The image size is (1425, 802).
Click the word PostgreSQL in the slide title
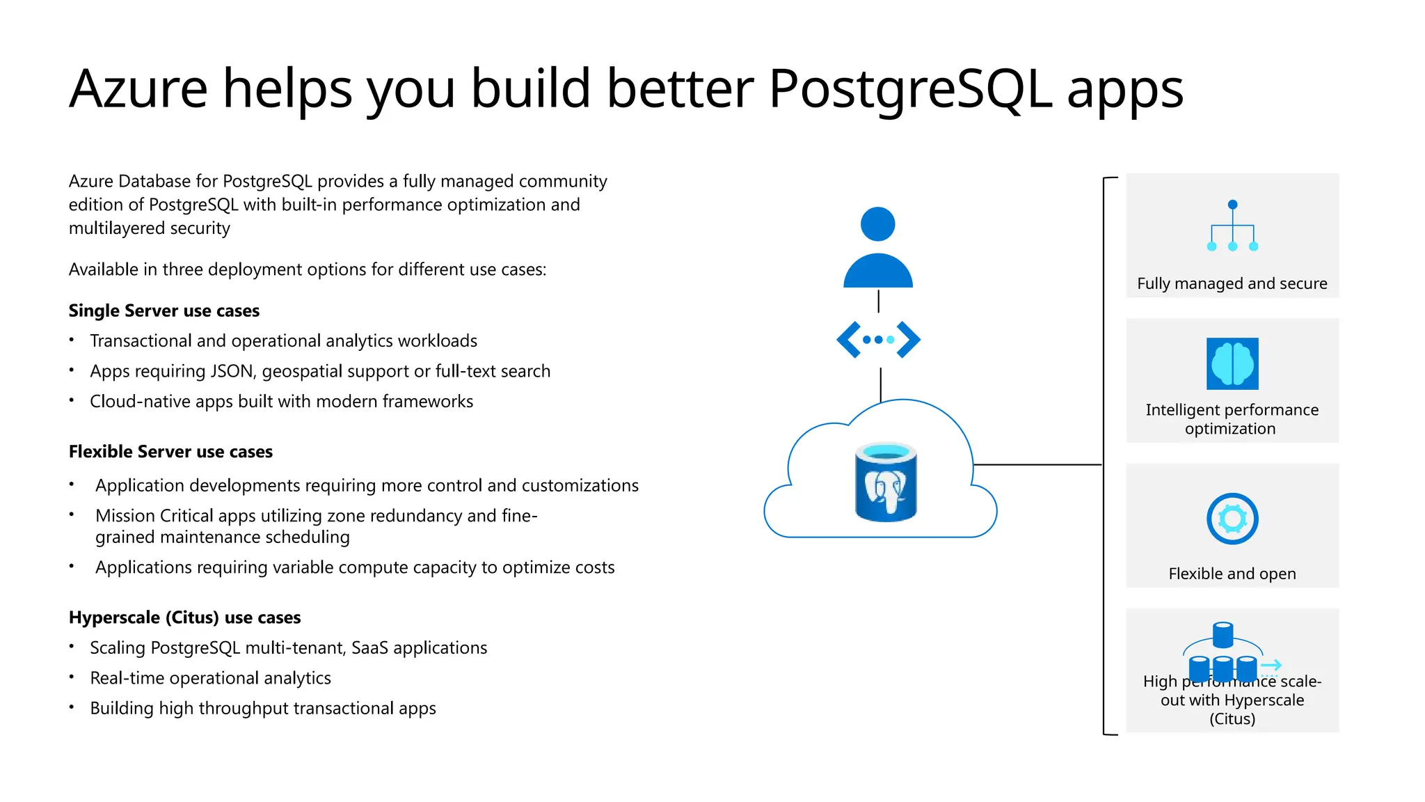tap(910, 89)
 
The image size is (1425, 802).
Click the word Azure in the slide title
tap(138, 89)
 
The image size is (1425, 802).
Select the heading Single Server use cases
tap(164, 310)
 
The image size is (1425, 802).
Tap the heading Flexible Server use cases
tap(170, 452)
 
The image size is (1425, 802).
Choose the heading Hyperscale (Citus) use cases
tap(184, 618)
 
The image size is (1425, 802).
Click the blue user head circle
tap(877, 224)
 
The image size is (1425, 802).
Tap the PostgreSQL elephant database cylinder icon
tap(885, 482)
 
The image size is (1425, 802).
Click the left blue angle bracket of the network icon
tap(847, 340)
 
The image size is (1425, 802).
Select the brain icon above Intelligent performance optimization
tap(1232, 363)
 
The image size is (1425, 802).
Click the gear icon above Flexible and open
tap(1232, 519)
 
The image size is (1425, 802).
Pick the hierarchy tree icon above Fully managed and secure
tap(1232, 226)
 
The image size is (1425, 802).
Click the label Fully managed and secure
tap(1232, 283)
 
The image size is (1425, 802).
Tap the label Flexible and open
tap(1232, 574)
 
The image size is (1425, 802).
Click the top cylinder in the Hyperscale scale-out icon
tap(1223, 634)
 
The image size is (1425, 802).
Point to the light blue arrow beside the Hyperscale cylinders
tap(1271, 665)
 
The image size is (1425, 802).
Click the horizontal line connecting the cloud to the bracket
tap(1037, 464)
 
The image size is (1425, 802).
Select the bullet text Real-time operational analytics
tap(210, 678)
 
